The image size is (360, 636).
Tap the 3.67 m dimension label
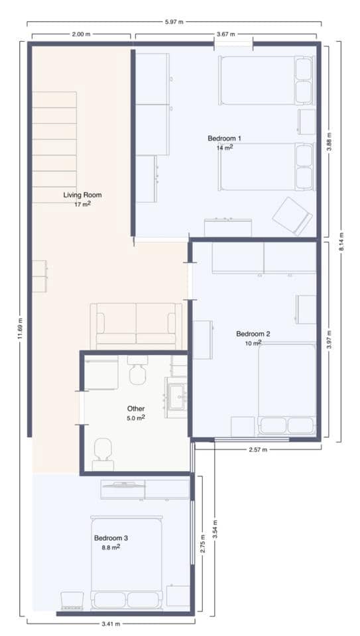(228, 34)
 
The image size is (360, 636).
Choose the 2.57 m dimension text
(257, 450)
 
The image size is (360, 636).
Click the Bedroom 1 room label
(224, 138)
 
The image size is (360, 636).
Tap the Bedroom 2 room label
(253, 334)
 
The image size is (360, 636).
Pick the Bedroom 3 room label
(110, 538)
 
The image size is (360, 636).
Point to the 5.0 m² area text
(135, 418)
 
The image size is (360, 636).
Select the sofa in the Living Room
(136, 325)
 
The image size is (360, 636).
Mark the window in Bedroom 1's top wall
(233, 44)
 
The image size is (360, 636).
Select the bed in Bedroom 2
(286, 388)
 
